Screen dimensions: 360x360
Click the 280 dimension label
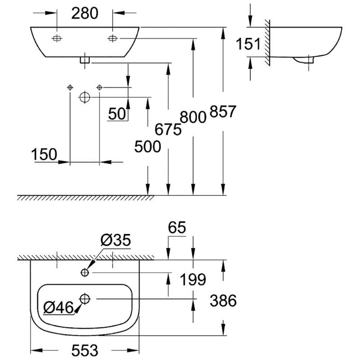[85, 13]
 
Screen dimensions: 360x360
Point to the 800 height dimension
[193, 117]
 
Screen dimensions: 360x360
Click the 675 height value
[168, 130]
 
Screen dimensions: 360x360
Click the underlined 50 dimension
[117, 114]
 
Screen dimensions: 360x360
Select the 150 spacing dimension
[44, 154]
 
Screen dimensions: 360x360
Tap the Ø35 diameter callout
[116, 241]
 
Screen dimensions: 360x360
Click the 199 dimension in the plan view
[193, 280]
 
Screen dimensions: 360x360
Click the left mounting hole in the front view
[57, 39]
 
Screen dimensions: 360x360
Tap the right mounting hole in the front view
[112, 39]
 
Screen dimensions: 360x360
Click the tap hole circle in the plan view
[85, 272]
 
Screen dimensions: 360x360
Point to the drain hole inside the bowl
[85, 298]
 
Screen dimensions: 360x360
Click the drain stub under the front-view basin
[84, 60]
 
